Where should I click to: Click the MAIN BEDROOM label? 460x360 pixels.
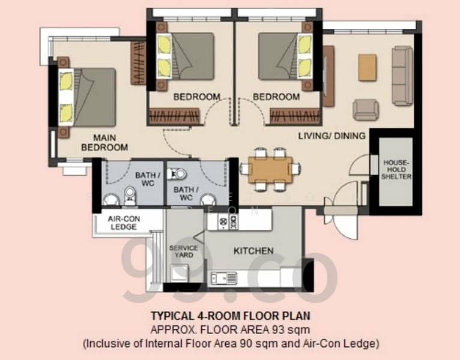pyautogui.click(x=105, y=142)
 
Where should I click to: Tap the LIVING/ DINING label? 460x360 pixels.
pyautogui.click(x=331, y=136)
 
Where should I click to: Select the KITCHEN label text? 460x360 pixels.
pyautogui.click(x=253, y=251)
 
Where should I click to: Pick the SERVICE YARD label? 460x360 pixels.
pyautogui.click(x=183, y=251)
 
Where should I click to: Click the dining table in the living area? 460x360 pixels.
pyautogui.click(x=271, y=167)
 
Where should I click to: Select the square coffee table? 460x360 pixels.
pyautogui.click(x=367, y=67)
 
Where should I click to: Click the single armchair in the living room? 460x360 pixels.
pyautogui.click(x=365, y=109)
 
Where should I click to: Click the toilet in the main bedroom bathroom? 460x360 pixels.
pyautogui.click(x=129, y=195)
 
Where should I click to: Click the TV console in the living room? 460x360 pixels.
pyautogui.click(x=328, y=76)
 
